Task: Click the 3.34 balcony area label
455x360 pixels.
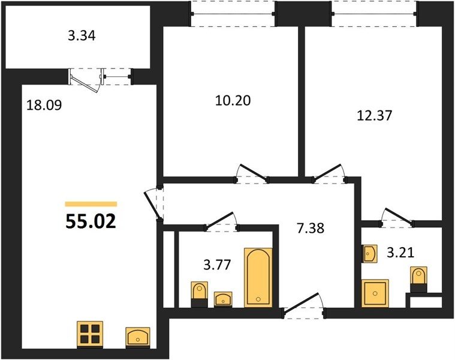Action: point(82,36)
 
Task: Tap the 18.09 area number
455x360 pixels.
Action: point(44,105)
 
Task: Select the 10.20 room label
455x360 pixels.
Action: point(233,100)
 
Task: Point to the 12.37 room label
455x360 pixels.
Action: point(374,115)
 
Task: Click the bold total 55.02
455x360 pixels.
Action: point(91,221)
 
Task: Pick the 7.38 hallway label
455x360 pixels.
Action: point(311,228)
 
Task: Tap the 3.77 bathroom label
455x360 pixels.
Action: point(217,265)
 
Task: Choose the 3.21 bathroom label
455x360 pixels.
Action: point(400,253)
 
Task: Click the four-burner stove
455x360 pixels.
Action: point(90,334)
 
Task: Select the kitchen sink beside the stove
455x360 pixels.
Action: point(138,337)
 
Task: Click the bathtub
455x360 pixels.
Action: point(258,277)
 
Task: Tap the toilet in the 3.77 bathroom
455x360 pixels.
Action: point(200,294)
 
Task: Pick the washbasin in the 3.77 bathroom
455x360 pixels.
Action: point(223,299)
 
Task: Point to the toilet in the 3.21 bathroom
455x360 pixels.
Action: point(418,279)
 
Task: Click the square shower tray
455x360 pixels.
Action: point(375,293)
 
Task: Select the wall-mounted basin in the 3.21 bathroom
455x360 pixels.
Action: point(369,254)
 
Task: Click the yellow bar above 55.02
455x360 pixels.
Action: point(91,204)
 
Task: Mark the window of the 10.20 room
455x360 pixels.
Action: point(233,14)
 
